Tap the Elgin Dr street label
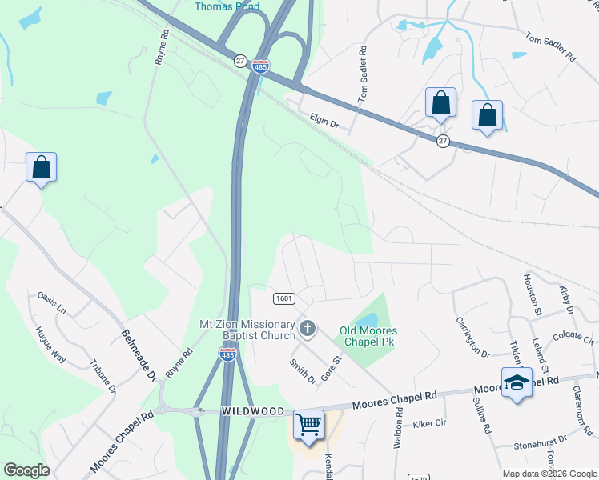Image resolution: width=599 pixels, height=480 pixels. (x=324, y=122)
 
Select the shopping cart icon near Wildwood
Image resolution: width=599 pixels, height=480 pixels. (x=308, y=425)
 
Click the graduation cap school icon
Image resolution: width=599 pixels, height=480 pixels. (x=517, y=382)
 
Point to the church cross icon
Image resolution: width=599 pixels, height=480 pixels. (x=307, y=328)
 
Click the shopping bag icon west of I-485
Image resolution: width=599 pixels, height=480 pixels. (x=41, y=168)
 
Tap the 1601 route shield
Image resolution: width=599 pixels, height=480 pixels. (x=283, y=298)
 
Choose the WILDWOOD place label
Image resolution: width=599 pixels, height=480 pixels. (x=253, y=410)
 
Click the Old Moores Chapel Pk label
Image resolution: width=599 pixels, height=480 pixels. (x=368, y=336)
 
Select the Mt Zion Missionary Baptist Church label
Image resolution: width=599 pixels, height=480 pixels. (x=247, y=330)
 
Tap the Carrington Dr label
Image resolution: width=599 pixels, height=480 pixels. (x=472, y=337)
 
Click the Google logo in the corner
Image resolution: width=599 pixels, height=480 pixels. (x=26, y=470)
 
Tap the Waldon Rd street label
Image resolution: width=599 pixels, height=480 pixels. (x=397, y=429)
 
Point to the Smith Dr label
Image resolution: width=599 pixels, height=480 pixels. (x=303, y=370)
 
